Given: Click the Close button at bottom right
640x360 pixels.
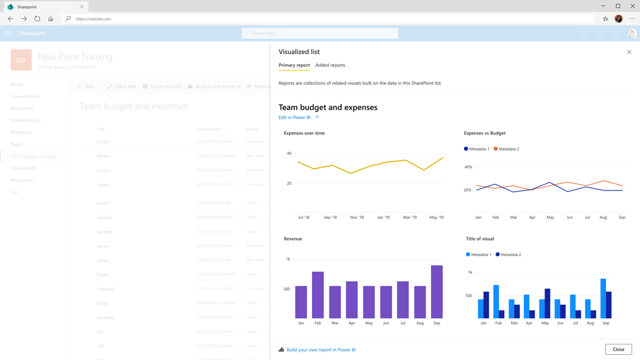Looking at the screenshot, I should (618, 350).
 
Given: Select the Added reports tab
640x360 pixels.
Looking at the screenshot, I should (330, 65).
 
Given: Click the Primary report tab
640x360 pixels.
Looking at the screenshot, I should (294, 65).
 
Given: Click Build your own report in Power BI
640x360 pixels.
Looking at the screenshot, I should (321, 350).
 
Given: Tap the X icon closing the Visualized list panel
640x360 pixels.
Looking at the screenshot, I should (629, 52).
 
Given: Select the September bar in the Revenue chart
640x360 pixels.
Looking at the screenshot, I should (437, 292).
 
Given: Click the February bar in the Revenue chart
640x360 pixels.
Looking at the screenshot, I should (318, 295).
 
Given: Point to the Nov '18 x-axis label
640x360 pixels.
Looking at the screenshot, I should (357, 217).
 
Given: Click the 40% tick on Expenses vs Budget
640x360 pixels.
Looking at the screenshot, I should (468, 167).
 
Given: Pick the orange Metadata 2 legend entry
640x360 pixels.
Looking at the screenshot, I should (506, 149).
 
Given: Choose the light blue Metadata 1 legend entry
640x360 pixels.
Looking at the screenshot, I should (478, 255).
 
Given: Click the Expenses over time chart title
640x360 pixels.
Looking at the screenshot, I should (304, 133).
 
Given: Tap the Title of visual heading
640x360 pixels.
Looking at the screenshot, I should (480, 239).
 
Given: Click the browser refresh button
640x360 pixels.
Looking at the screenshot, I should (37, 19).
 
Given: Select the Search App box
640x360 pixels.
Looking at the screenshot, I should (320, 33).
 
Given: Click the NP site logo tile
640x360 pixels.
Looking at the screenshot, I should (21, 60).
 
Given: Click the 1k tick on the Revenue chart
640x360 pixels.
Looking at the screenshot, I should (288, 259).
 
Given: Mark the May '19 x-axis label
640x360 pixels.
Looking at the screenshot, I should (437, 217).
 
